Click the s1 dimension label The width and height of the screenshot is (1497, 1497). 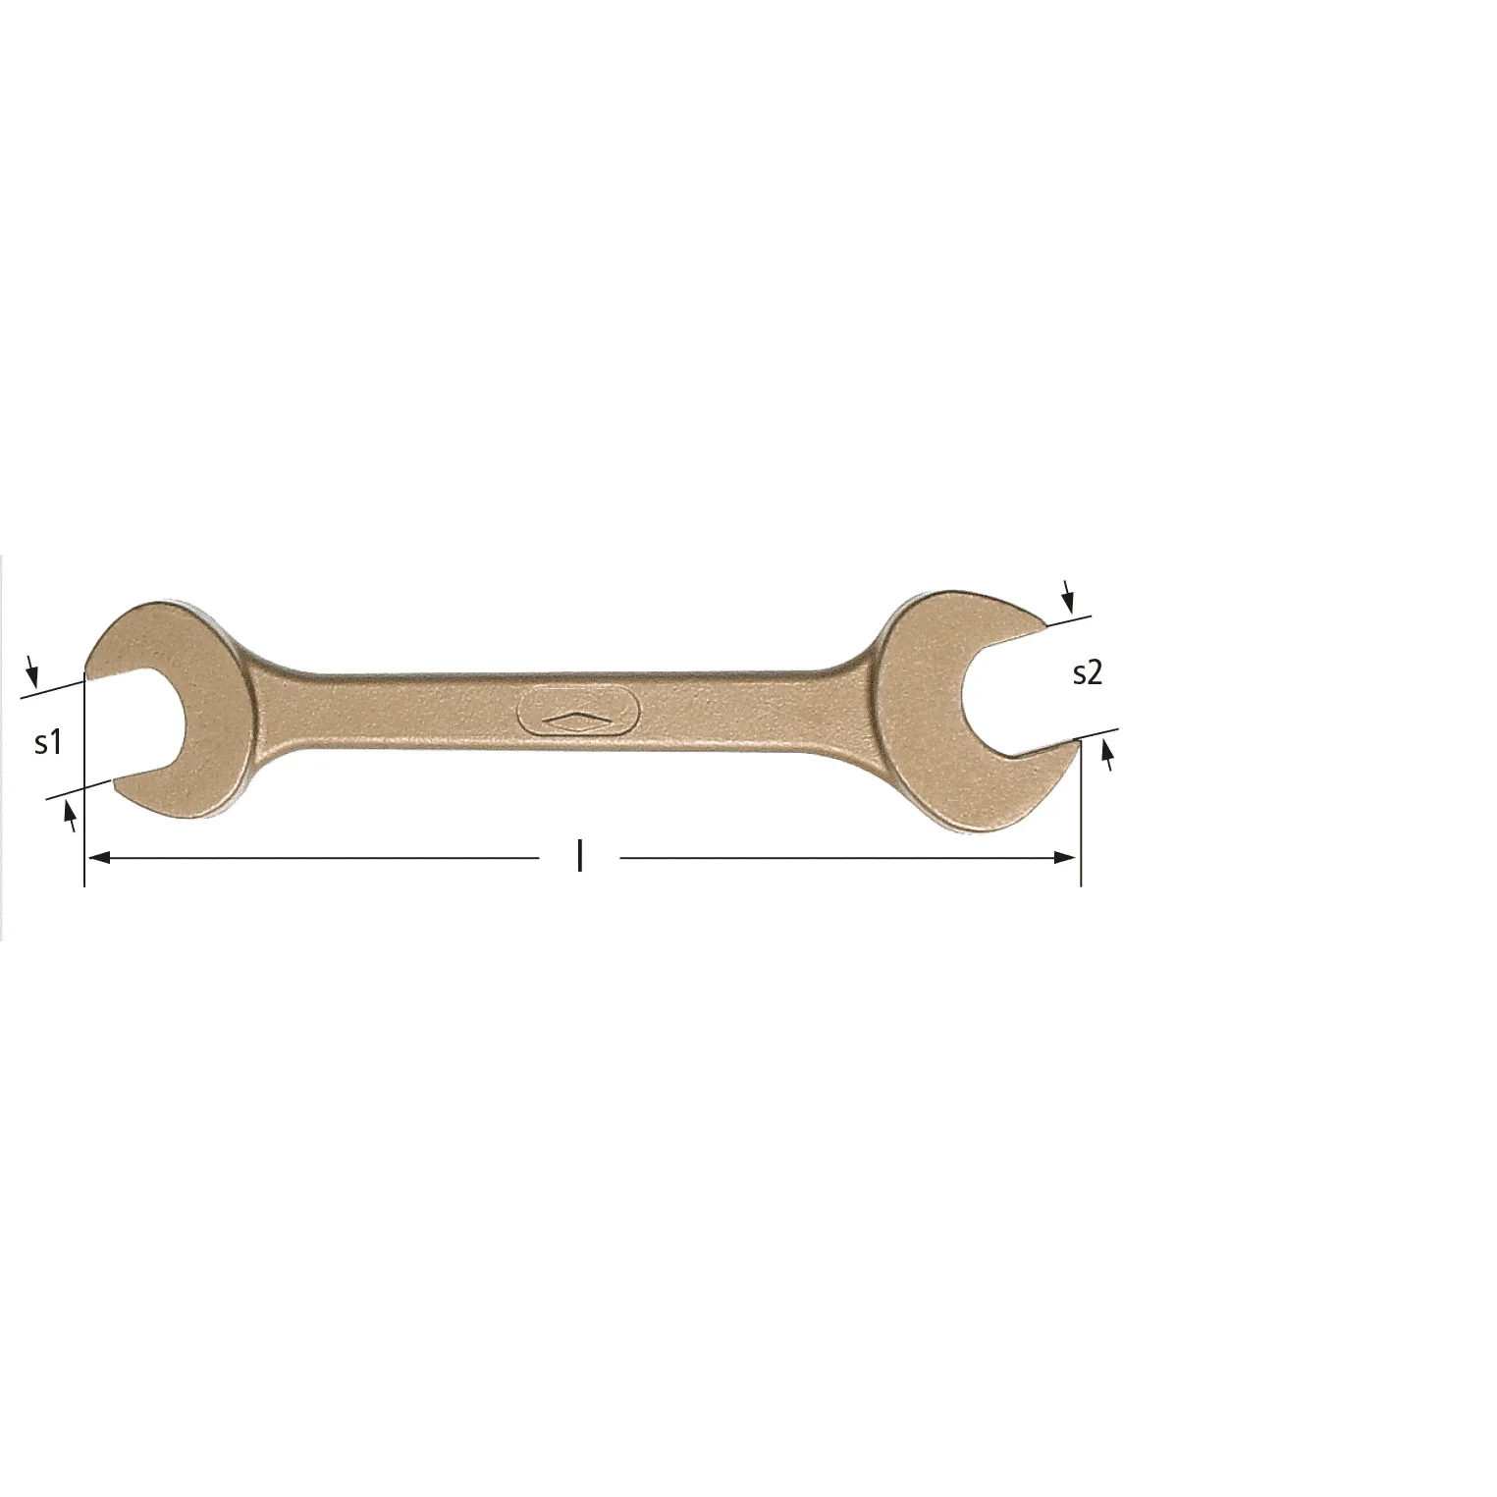(x=48, y=743)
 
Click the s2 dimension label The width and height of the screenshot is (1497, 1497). (x=1088, y=673)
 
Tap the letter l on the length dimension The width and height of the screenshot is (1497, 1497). (x=580, y=857)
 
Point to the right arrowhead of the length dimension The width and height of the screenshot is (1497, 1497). (x=1068, y=858)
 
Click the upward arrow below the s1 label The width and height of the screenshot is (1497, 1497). (x=70, y=814)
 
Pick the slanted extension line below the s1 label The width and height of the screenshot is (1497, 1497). (x=79, y=790)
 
